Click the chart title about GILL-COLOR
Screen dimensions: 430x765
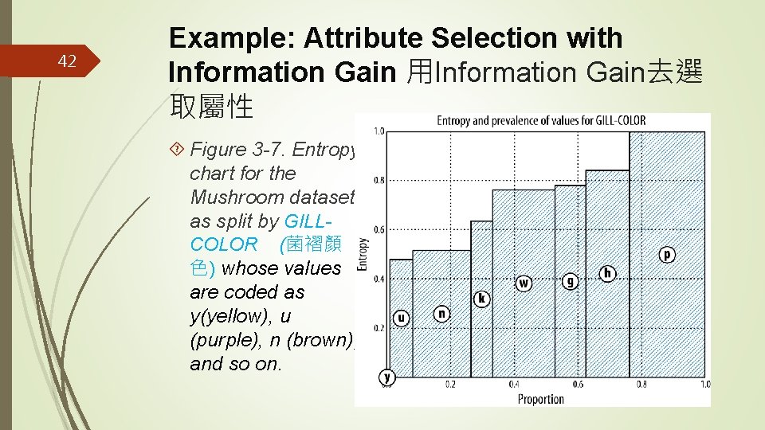(541, 121)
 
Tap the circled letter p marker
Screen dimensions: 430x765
(667, 254)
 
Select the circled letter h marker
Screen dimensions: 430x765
(608, 273)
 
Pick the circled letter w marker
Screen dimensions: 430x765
(524, 283)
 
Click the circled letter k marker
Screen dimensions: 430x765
(481, 299)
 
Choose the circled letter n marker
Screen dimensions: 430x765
(441, 314)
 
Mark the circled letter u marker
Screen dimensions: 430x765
(401, 319)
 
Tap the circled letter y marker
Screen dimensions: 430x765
(387, 377)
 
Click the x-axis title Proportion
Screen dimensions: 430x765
(540, 399)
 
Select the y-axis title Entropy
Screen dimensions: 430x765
(363, 254)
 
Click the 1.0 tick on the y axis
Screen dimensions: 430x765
(379, 131)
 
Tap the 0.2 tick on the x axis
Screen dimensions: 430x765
(450, 385)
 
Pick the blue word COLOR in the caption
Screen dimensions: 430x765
(224, 244)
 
